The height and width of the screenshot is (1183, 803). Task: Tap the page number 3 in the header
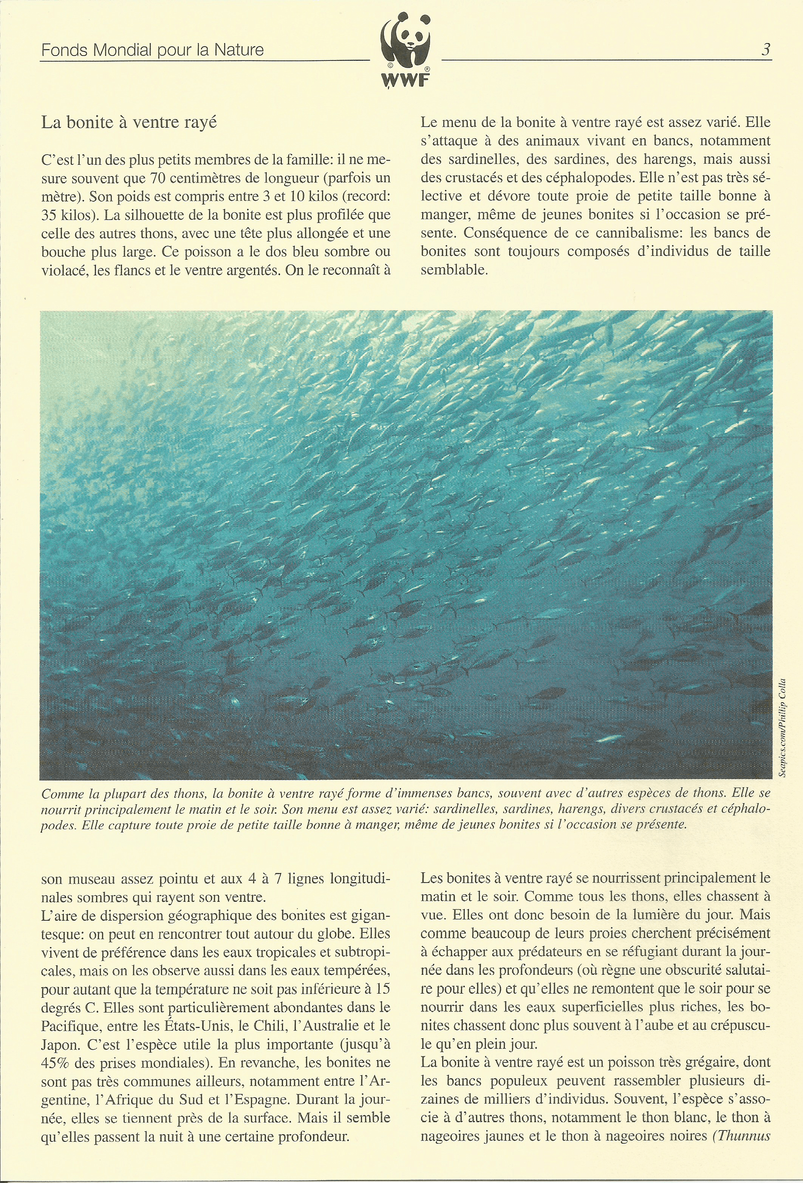click(766, 50)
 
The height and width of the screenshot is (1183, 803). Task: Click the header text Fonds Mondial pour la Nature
click(152, 50)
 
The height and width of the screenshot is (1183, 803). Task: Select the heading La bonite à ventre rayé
click(129, 123)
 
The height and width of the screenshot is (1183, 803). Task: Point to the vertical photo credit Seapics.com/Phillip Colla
click(782, 728)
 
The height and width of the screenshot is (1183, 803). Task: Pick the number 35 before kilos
click(50, 215)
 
